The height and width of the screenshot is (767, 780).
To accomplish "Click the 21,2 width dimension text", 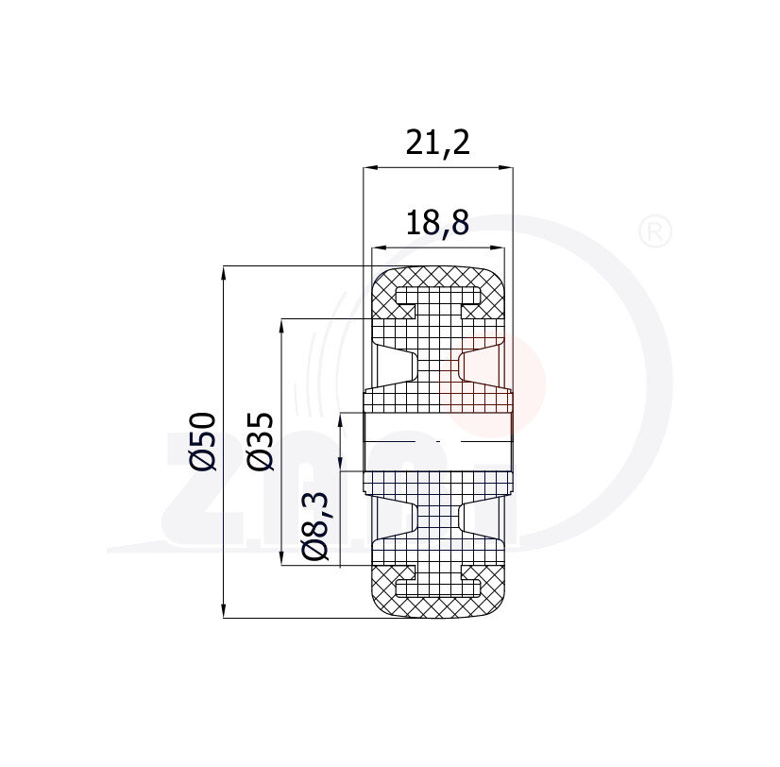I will (x=437, y=143).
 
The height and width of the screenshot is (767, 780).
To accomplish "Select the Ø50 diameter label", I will (x=204, y=441).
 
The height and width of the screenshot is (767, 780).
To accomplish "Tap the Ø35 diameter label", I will (x=261, y=441).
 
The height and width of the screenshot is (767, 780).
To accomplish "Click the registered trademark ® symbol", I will (x=655, y=231).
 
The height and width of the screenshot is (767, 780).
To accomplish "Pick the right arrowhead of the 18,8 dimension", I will (x=499, y=247).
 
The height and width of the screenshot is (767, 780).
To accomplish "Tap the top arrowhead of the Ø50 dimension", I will (x=224, y=273).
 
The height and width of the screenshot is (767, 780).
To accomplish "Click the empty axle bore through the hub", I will (x=437, y=441).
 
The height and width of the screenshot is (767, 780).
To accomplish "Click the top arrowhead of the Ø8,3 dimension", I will (x=339, y=420).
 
